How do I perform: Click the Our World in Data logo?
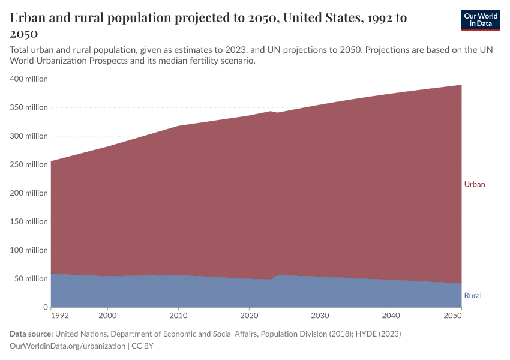480,20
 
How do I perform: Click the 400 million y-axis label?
29,79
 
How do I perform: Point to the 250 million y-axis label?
29,164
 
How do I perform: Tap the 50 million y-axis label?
31,279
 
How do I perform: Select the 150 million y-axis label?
29,221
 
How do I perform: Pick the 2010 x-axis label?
178,315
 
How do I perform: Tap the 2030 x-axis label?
320,315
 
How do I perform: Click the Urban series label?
474,184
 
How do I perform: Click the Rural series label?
473,296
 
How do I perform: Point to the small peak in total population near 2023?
271,112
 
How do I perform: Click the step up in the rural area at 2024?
275,277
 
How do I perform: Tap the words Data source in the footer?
31,334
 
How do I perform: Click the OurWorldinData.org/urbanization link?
68,346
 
